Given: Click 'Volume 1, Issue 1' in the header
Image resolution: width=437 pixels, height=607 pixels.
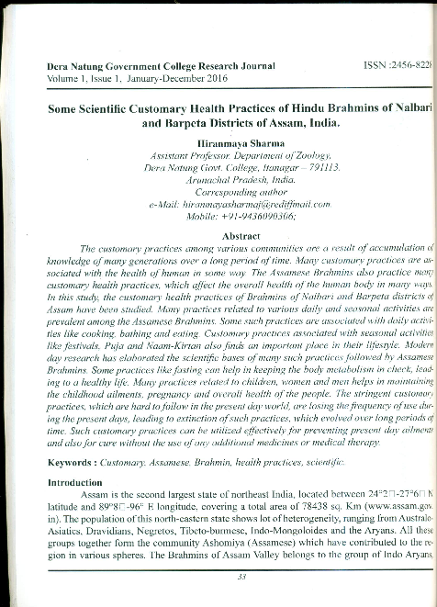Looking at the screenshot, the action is click(68, 80).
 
